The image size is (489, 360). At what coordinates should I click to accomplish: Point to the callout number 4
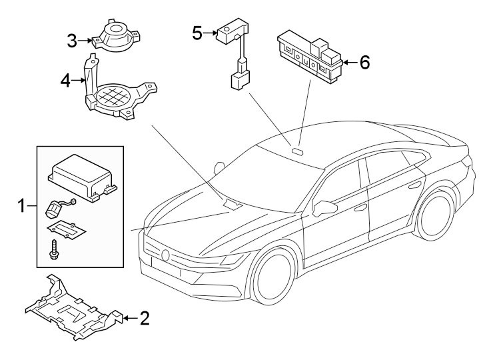click(x=65, y=81)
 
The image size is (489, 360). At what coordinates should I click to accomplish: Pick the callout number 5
click(x=197, y=32)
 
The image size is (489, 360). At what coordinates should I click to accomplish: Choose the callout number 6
click(x=364, y=63)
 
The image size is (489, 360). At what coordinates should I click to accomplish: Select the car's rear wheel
click(x=440, y=215)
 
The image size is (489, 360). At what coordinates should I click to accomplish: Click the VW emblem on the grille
click(x=165, y=255)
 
